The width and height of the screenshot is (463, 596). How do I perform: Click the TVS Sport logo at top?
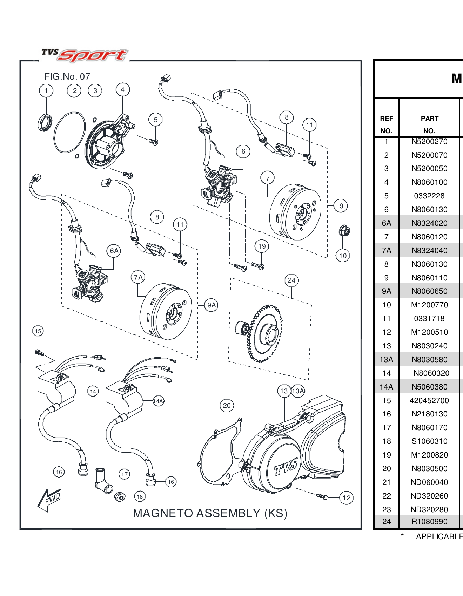(85, 55)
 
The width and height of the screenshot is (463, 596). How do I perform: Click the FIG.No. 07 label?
(67, 76)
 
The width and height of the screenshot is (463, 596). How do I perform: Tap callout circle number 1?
(46, 91)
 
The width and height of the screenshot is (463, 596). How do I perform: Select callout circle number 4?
(122, 90)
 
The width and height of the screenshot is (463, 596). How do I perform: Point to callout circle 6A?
(114, 251)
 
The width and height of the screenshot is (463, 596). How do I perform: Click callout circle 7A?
(138, 277)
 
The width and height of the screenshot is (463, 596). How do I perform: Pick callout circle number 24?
(291, 280)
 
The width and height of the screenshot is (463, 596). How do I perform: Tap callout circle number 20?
(227, 406)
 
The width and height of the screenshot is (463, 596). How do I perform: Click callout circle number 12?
(346, 498)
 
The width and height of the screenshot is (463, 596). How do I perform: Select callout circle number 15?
(38, 331)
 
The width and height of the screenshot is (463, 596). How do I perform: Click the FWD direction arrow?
(49, 500)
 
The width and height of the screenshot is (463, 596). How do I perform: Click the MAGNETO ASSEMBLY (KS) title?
(210, 513)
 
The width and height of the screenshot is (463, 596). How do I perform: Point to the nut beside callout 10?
(344, 231)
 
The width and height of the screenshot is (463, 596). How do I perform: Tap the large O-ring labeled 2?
(69, 133)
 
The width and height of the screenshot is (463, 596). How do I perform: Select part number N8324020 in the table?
(429, 223)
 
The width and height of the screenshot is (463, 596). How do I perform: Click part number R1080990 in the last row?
(429, 521)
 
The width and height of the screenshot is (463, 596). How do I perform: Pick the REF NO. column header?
(386, 124)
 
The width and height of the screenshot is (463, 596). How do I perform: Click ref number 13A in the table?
(386, 359)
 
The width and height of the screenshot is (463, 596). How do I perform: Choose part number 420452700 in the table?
(429, 400)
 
